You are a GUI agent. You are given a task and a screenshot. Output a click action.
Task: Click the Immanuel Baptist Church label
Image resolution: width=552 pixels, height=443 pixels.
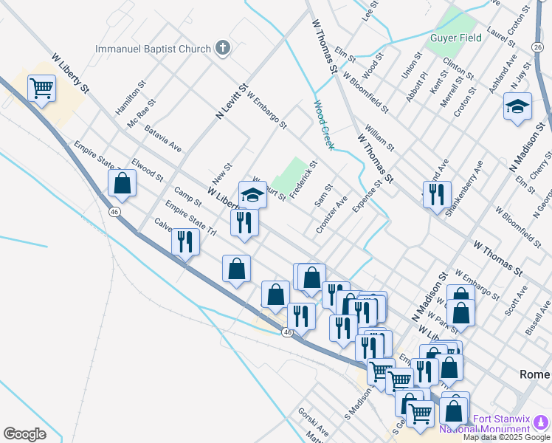coord(153,49)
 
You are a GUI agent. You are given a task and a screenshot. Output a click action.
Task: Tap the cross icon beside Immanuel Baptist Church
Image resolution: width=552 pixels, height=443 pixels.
coord(223,49)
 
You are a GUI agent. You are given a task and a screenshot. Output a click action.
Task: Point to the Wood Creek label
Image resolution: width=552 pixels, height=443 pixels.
coord(323,126)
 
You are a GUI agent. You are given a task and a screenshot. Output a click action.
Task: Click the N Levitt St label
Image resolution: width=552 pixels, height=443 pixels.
coord(230,101)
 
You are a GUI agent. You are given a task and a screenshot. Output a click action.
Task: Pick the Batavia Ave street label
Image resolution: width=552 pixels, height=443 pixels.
coord(163,138)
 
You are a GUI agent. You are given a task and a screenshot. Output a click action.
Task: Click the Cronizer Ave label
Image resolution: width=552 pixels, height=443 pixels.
coord(331,215)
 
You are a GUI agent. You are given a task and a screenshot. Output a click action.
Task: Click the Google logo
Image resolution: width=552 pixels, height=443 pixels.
coord(24,434)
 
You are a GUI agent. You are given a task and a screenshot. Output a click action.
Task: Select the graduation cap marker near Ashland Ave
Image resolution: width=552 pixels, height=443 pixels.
coord(517,106)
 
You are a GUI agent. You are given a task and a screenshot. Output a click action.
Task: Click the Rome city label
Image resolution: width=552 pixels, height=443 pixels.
coord(534,374)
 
